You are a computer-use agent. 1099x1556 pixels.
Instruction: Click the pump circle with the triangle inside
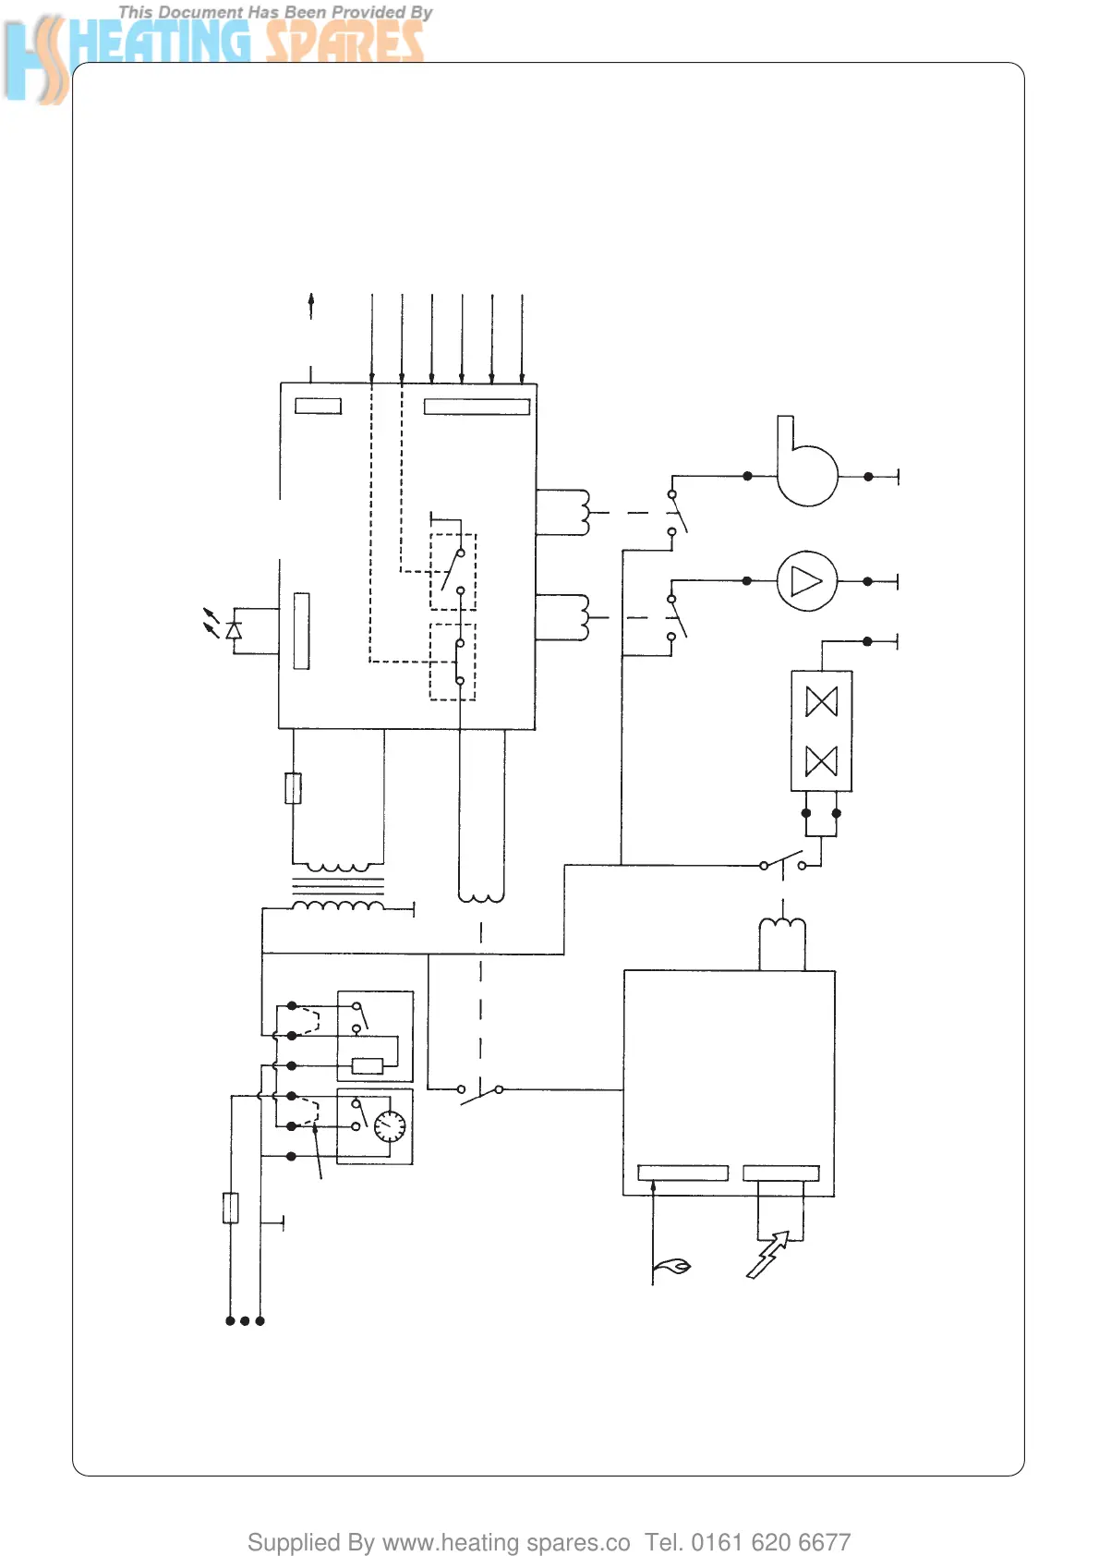click(x=806, y=581)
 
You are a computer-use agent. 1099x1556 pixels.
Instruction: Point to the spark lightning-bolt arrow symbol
click(x=768, y=1254)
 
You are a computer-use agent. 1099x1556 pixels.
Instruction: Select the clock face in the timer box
click(x=390, y=1126)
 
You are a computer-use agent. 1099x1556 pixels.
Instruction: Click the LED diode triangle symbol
click(x=234, y=630)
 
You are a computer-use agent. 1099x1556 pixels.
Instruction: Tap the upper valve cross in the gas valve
click(x=821, y=701)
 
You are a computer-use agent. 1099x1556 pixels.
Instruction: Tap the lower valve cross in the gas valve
click(x=821, y=761)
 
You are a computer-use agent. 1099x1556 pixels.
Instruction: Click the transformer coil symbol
click(x=338, y=888)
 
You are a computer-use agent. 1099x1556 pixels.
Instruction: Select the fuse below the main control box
click(x=293, y=788)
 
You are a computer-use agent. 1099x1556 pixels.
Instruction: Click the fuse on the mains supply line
click(x=231, y=1208)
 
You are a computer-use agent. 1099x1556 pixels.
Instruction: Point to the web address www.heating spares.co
click(x=505, y=1542)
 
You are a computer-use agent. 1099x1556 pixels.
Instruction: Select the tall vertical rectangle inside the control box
click(x=301, y=630)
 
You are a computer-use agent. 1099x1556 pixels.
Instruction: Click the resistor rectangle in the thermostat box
click(x=368, y=1065)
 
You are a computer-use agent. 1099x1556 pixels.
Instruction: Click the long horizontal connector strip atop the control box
click(x=477, y=407)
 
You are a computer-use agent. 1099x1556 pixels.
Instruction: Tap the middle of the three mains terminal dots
click(x=245, y=1321)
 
